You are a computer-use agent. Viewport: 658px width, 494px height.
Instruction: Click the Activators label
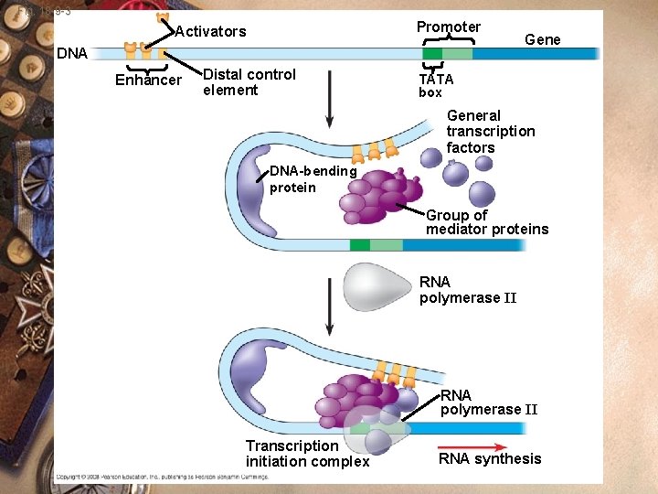pyautogui.click(x=210, y=32)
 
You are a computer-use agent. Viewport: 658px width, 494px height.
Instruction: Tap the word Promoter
pyautogui.click(x=448, y=27)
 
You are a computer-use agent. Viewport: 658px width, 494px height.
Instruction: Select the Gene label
pyautogui.click(x=542, y=39)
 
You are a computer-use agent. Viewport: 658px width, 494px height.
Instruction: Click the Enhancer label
pyautogui.click(x=148, y=81)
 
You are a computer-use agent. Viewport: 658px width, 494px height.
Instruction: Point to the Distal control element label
pyautogui.click(x=249, y=82)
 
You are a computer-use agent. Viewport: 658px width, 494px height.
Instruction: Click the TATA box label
pyautogui.click(x=434, y=86)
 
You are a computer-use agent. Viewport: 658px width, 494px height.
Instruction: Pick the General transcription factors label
pyautogui.click(x=491, y=132)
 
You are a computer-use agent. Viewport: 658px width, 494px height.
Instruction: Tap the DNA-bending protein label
pyautogui.click(x=312, y=179)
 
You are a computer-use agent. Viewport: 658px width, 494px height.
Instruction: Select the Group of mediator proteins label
pyautogui.click(x=486, y=222)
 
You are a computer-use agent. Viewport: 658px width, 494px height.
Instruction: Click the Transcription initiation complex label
pyautogui.click(x=307, y=454)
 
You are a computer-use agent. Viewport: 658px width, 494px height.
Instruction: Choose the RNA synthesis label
pyautogui.click(x=490, y=459)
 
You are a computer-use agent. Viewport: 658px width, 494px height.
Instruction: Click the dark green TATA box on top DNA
pyautogui.click(x=432, y=54)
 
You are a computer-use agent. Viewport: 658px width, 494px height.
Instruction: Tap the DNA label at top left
pyautogui.click(x=72, y=53)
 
